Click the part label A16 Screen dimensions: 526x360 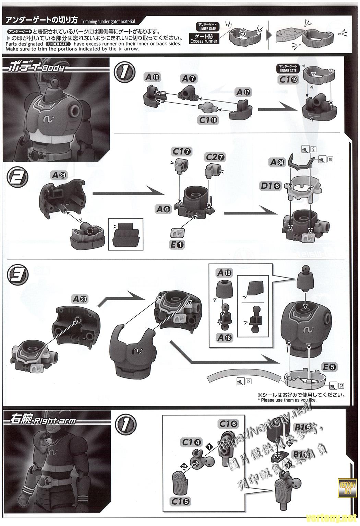tap(152, 77)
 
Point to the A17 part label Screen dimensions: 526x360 tap(243, 92)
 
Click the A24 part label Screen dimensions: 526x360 tap(59, 175)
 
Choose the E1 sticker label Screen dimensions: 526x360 tap(178, 244)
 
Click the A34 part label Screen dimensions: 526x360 tap(277, 162)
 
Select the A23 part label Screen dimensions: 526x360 tap(80, 299)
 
